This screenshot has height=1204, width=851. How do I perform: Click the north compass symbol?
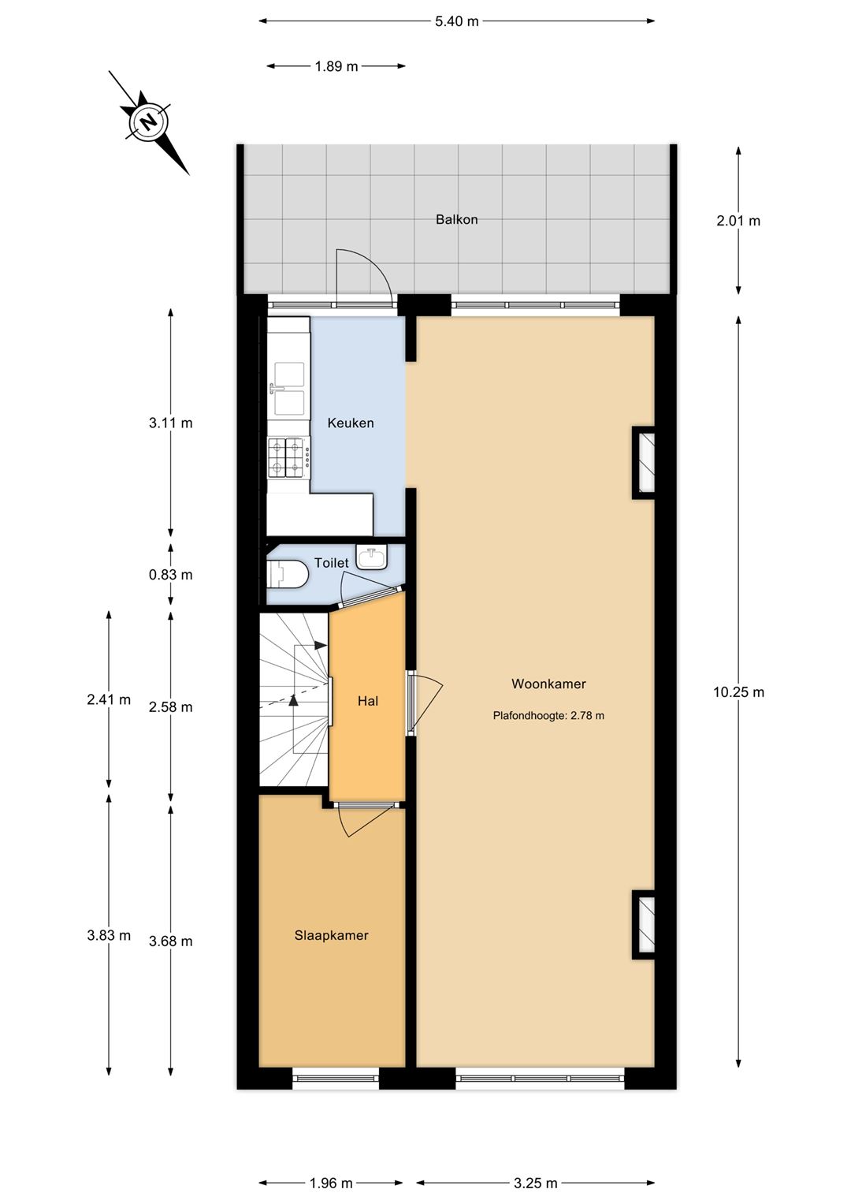point(148,122)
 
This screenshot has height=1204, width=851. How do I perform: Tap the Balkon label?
point(457,219)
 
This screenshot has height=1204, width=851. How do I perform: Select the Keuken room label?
point(351,423)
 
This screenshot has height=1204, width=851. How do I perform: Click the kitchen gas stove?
point(288,458)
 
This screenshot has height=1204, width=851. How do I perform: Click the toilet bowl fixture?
point(287,574)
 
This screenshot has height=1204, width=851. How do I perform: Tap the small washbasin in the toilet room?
point(370,557)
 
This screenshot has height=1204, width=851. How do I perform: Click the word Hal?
point(368,701)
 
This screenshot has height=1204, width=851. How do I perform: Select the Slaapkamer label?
point(331,935)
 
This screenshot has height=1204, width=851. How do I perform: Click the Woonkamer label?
point(548,684)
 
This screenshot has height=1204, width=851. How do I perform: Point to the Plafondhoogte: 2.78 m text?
point(548,715)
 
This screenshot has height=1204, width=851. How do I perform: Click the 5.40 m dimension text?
point(457,21)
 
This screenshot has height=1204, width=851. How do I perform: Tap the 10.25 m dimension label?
point(738,692)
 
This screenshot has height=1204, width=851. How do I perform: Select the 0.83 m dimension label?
point(171,575)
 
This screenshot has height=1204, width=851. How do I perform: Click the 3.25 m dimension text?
point(535,1183)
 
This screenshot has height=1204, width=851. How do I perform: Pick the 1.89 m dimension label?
point(336,67)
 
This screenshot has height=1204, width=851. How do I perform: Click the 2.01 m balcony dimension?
point(738,220)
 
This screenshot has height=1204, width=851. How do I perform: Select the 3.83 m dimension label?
point(109,935)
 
